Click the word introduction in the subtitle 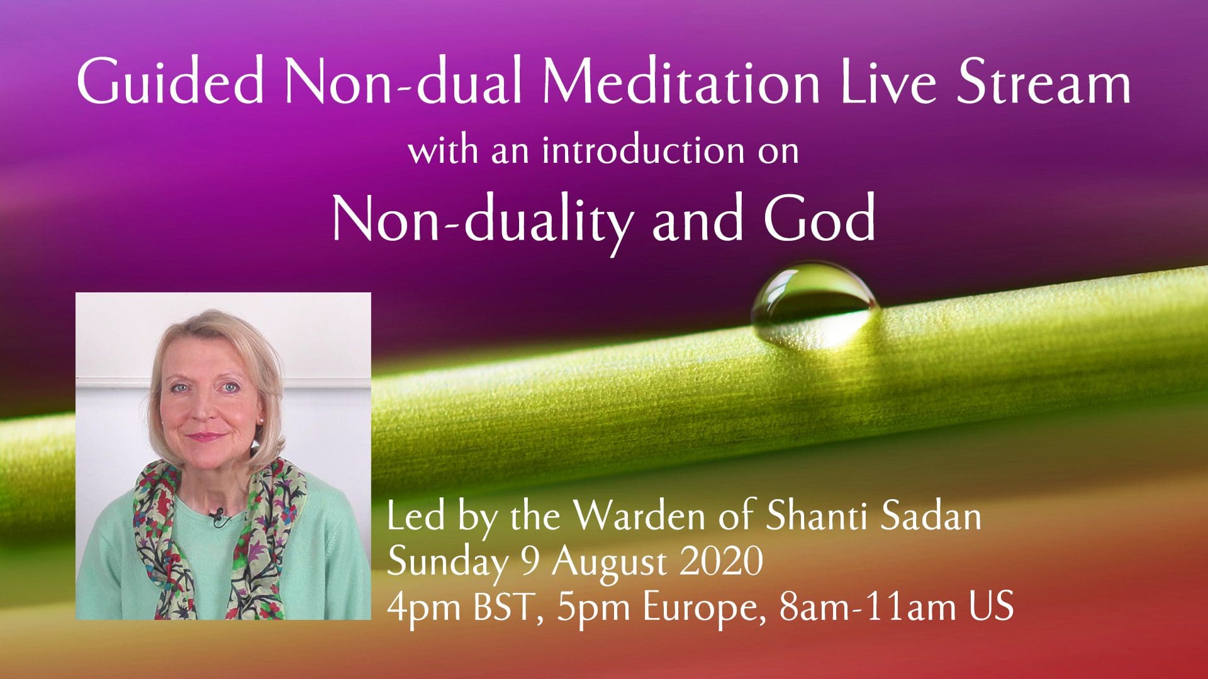click(642, 151)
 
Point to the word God click(819, 218)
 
